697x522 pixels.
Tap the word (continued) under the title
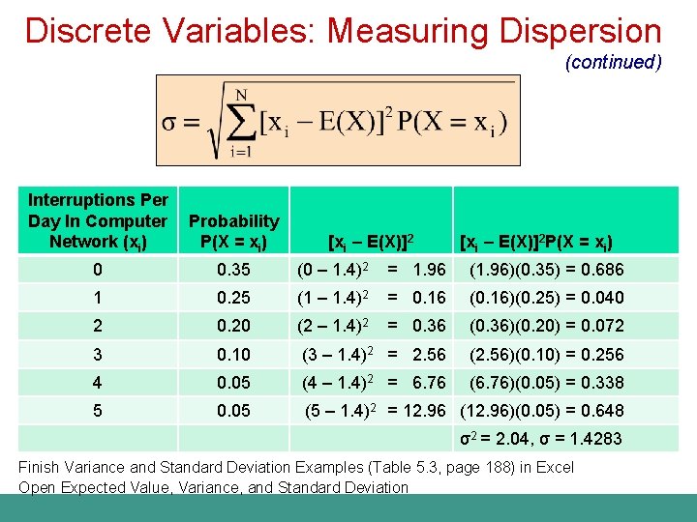click(x=614, y=62)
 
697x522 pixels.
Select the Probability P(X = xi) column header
click(x=233, y=230)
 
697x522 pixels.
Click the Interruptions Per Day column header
click(x=97, y=220)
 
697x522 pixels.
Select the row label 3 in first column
click(x=97, y=354)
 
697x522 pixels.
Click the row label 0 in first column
click(x=97, y=270)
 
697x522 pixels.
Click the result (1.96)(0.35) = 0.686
click(x=546, y=270)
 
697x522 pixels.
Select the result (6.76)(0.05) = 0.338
click(x=546, y=382)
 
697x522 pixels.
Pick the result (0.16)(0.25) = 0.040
click(x=546, y=298)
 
